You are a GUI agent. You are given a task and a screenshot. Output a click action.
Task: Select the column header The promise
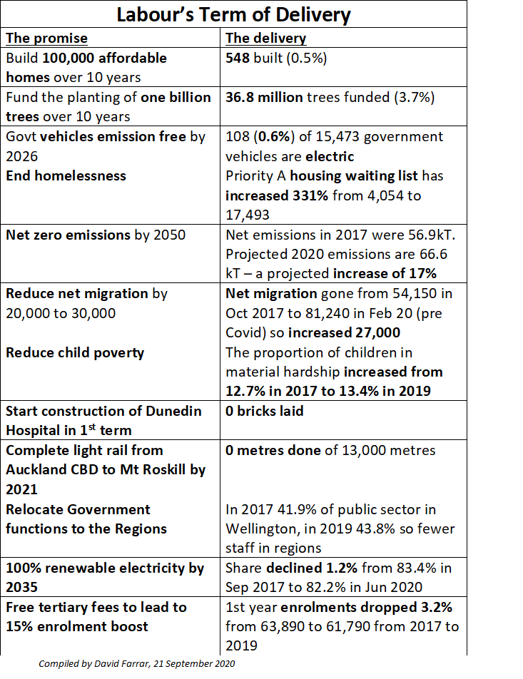47,39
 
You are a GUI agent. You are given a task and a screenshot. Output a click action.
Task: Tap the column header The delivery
266,39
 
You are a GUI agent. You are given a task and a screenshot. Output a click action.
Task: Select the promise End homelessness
66,175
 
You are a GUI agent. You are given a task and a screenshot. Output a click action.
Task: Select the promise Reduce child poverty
75,352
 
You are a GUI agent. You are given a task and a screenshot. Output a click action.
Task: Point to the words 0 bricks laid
265,412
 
